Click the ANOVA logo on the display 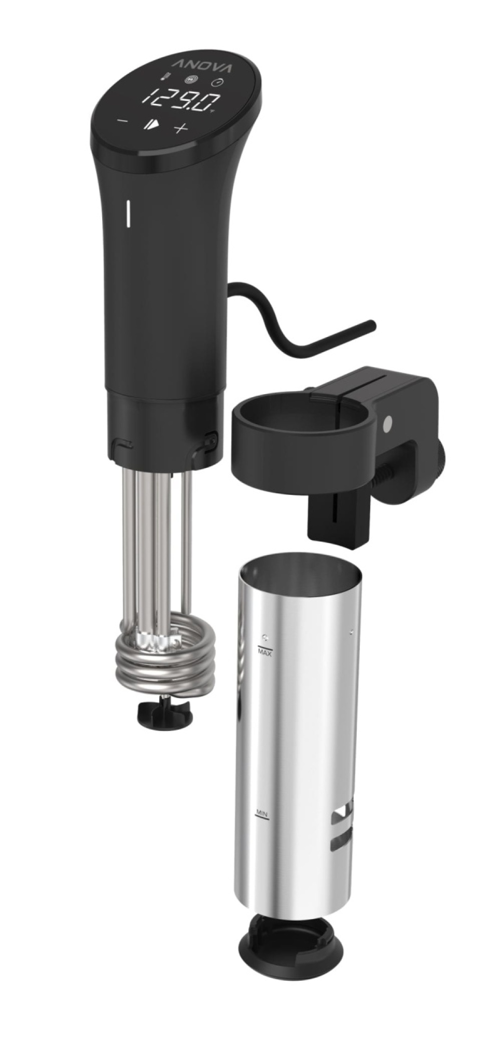[x=203, y=66]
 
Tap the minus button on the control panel [x=122, y=122]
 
